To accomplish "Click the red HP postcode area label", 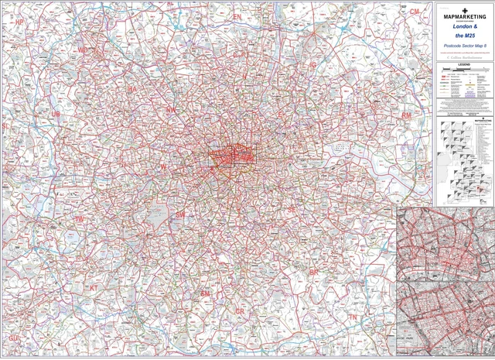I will [x=20, y=23].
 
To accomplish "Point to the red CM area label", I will [x=415, y=12].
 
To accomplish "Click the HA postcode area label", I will [x=131, y=90].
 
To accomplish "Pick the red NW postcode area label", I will [x=171, y=111].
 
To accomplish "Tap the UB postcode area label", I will [x=55, y=115].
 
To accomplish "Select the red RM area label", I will [x=406, y=115].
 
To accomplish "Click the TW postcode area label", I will [x=78, y=220].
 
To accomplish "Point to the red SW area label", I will [x=180, y=214].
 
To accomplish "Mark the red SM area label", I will [x=205, y=294].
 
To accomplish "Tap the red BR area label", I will [x=313, y=273].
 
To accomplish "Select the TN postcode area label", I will [x=353, y=318].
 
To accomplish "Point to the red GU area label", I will [x=12, y=339].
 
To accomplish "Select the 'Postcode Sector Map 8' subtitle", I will [x=465, y=47].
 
